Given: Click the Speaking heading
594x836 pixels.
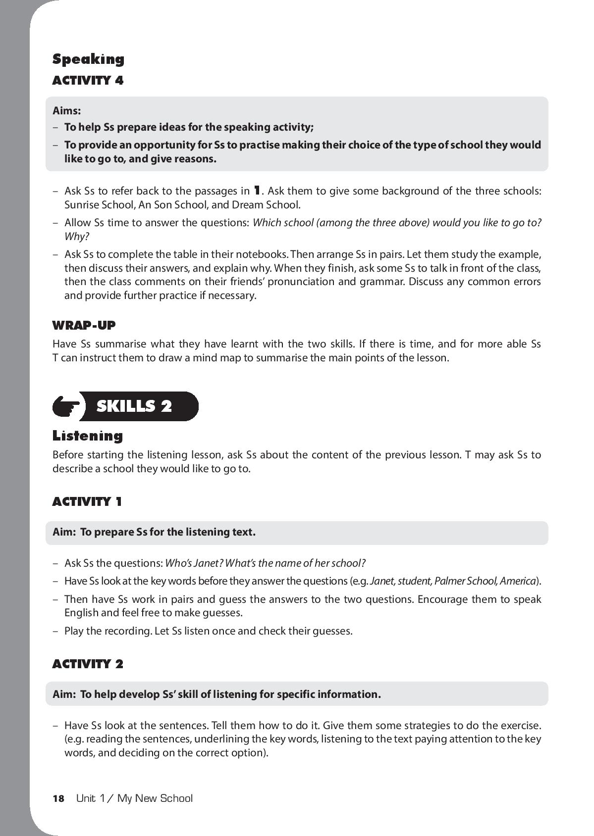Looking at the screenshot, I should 88,59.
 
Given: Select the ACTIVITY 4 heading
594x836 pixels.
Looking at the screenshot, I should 88,80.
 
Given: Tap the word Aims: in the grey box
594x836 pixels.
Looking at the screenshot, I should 66,110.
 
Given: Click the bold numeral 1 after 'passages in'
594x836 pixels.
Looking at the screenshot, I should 257,190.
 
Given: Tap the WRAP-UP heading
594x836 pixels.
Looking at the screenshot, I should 84,325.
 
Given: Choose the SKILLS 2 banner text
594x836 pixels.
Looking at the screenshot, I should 134,406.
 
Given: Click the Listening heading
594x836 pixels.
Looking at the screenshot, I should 87,436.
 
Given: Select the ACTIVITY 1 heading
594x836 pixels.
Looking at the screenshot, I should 87,502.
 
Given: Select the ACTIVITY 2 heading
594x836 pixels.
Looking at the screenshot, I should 87,664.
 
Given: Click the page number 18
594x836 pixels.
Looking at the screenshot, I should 58,798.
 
